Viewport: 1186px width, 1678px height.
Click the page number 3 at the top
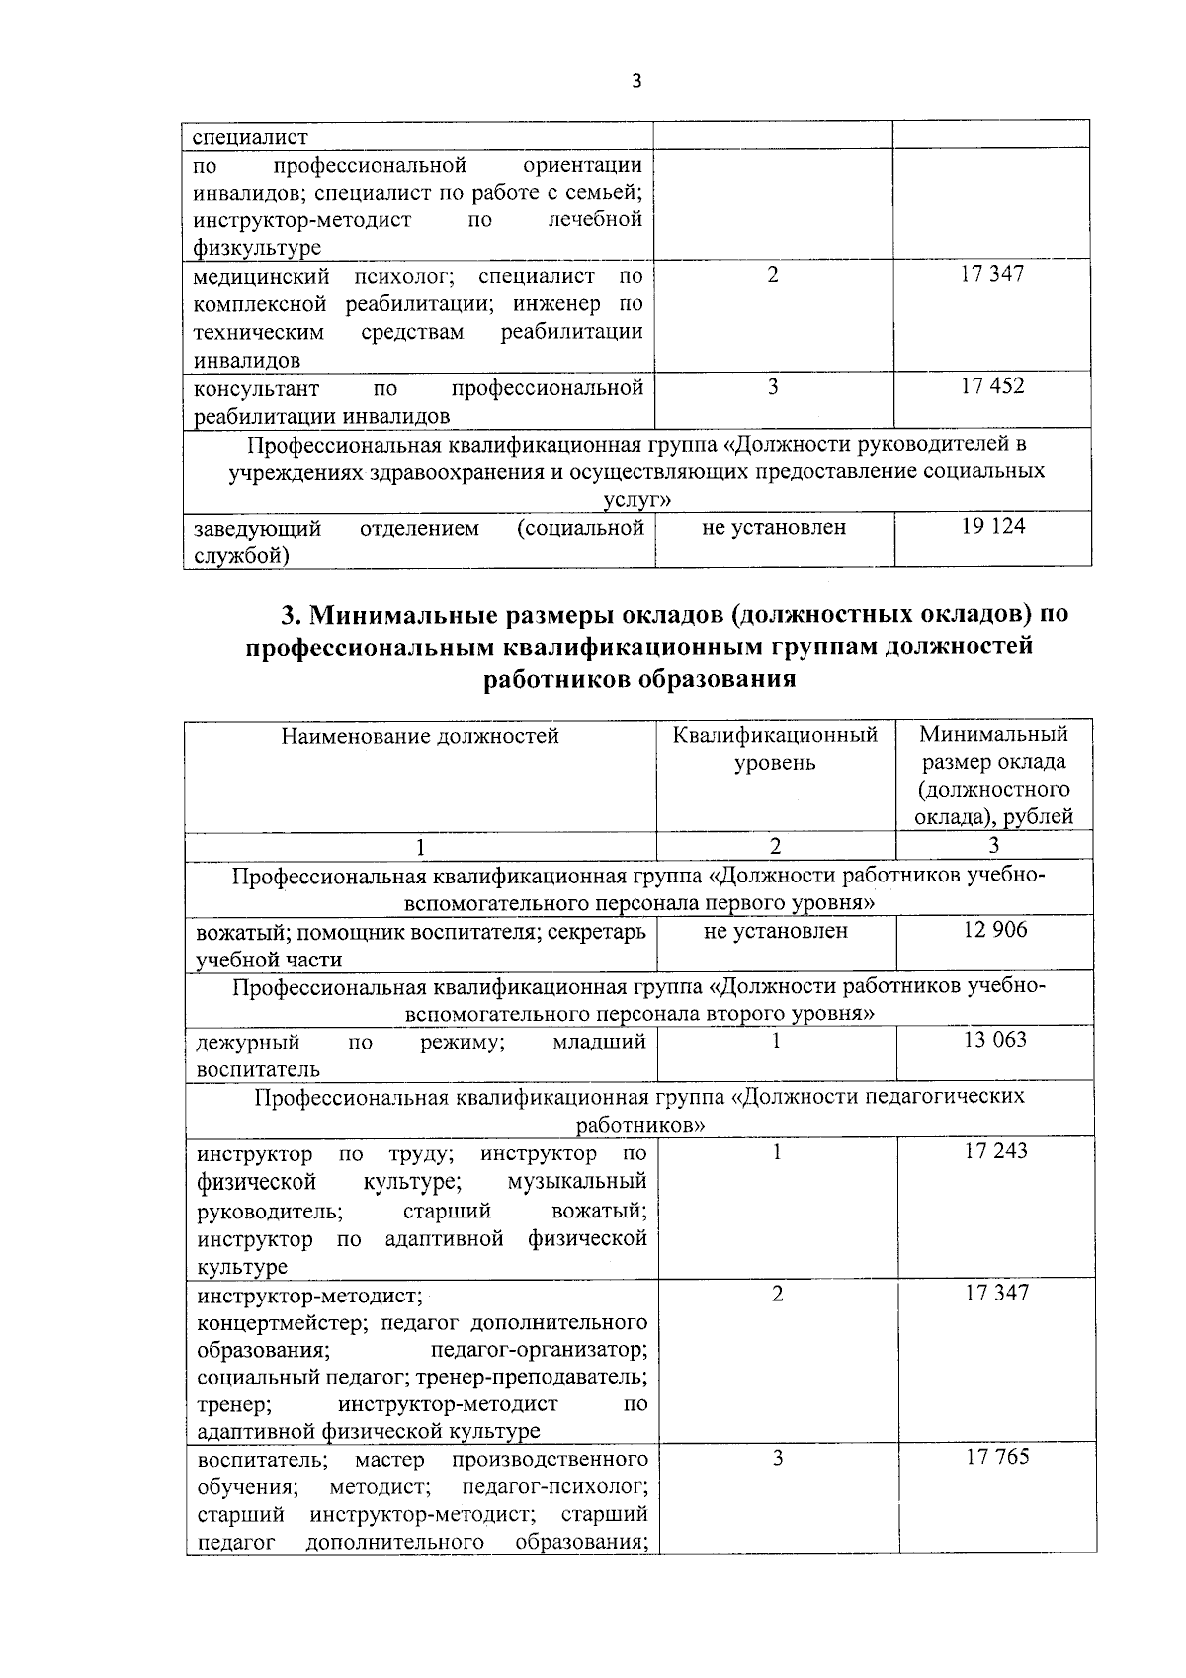[x=636, y=82]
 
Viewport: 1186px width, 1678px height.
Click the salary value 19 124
[x=993, y=527]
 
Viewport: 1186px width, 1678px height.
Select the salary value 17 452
[x=993, y=386]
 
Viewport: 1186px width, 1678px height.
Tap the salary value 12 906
[x=995, y=930]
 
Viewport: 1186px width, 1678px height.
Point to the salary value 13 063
[x=995, y=1040]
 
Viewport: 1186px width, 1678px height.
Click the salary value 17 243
[x=996, y=1151]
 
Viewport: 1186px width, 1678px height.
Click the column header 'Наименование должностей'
[x=420, y=736]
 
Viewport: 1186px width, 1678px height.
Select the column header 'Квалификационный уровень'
[x=775, y=749]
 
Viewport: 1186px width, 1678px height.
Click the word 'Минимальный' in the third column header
[x=993, y=734]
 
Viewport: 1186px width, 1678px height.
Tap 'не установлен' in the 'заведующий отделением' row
[x=774, y=528]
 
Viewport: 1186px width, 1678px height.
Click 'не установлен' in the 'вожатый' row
[x=776, y=931]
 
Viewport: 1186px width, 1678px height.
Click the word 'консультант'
[x=256, y=388]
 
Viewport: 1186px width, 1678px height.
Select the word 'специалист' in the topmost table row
[x=249, y=137]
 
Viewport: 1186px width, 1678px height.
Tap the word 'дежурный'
[x=248, y=1042]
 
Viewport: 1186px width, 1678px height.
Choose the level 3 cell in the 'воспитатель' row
[x=778, y=1458]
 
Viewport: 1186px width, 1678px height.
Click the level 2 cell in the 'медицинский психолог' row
[x=773, y=275]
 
